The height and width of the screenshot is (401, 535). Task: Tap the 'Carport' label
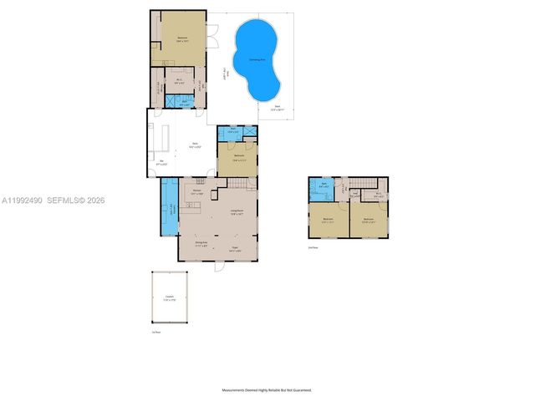[169, 297]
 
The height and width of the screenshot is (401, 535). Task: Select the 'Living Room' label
[237, 211]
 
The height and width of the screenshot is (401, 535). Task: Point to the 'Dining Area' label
[201, 243]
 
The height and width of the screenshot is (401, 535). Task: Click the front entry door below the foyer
[219, 266]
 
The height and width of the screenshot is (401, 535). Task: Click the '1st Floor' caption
[155, 332]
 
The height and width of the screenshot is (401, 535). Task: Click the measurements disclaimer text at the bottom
[267, 390]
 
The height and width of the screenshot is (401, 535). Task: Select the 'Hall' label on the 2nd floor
[355, 195]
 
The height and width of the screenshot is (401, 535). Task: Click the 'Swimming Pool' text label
[257, 60]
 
